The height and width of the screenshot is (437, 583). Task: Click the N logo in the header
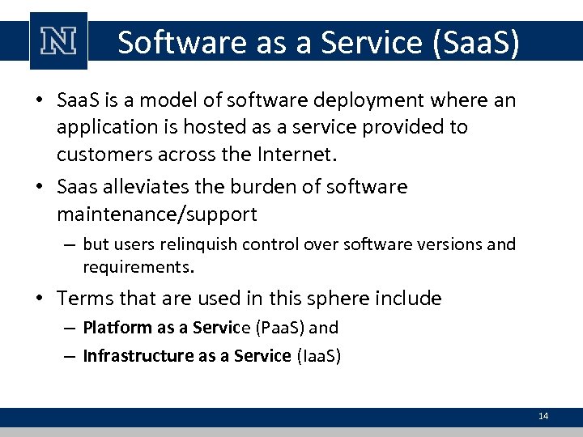(x=58, y=41)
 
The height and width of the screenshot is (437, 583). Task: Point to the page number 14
(x=543, y=416)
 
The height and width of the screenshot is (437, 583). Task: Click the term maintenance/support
(x=157, y=214)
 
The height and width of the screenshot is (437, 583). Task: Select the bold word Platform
(x=117, y=328)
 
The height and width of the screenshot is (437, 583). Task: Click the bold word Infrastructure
(x=138, y=355)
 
